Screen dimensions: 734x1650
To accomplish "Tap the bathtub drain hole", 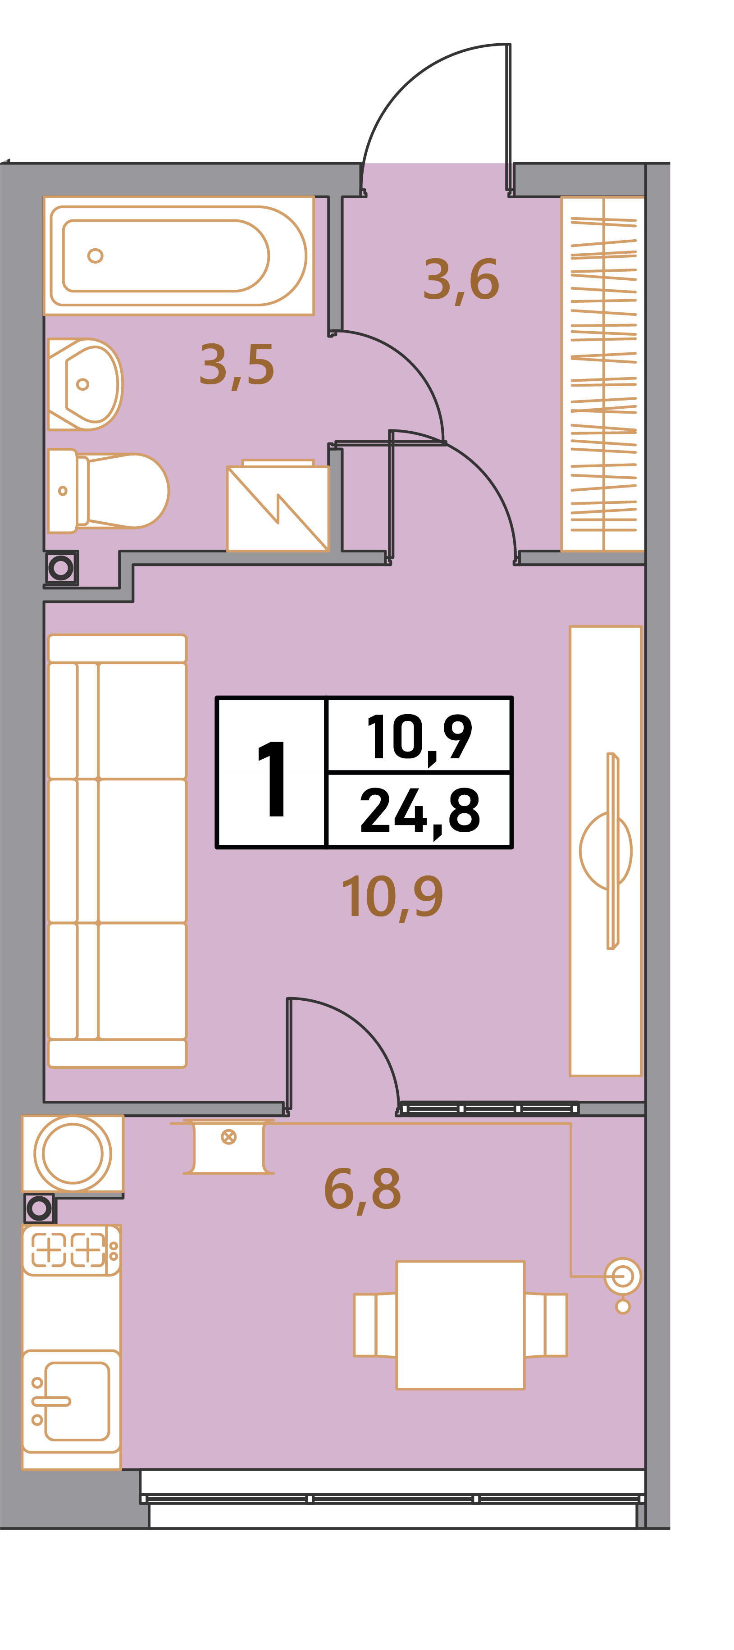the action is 96,255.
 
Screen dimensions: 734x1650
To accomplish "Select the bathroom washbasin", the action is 85,384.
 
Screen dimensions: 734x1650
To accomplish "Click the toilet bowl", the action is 108,491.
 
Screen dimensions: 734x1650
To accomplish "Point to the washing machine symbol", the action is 278,506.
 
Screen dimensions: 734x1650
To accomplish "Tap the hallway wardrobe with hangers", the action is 603,374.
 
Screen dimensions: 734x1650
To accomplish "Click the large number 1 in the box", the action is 272,779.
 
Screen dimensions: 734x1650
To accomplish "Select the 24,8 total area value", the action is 419,811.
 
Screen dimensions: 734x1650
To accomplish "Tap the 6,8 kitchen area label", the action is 363,1190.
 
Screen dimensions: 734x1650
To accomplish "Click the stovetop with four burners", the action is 71,1250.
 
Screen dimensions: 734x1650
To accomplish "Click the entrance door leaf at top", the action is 509,117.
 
